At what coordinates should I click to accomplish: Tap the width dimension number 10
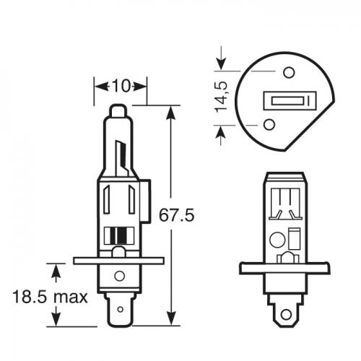[x=120, y=87]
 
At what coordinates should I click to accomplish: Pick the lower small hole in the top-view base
[x=269, y=124]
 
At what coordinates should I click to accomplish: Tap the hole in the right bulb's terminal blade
[x=289, y=315]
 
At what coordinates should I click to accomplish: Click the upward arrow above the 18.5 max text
[x=56, y=270]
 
